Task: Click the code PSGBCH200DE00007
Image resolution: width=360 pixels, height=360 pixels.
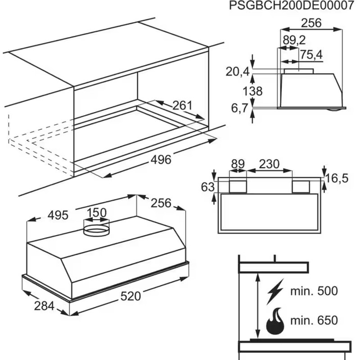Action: point(292,6)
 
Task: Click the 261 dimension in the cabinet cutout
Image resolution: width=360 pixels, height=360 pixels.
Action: point(182,105)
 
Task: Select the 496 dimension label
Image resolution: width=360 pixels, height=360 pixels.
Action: point(161,159)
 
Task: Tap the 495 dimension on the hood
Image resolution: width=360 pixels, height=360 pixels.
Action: point(58,216)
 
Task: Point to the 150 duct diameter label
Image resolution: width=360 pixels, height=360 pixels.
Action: point(96,212)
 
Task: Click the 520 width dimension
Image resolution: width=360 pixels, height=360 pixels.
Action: point(130,296)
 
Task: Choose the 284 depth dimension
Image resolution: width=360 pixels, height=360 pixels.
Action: point(44,306)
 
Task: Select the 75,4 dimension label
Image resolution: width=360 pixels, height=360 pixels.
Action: point(311,55)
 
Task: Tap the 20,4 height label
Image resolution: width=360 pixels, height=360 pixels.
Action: point(238,72)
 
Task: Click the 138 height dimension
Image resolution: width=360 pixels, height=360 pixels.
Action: point(252,91)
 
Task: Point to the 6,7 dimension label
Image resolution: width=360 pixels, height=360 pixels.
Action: point(240,108)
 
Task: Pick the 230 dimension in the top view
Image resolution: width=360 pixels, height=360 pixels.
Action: point(269,164)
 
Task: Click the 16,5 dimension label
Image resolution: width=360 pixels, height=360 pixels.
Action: point(337,178)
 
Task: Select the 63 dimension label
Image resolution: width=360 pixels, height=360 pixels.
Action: point(208,187)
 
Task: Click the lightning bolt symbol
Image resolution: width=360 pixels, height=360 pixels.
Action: point(275,292)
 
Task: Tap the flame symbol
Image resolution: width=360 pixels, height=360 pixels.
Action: point(275,321)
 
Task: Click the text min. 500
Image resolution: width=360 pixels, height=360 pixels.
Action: point(314,291)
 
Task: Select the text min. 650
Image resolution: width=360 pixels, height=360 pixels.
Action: point(314,320)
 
